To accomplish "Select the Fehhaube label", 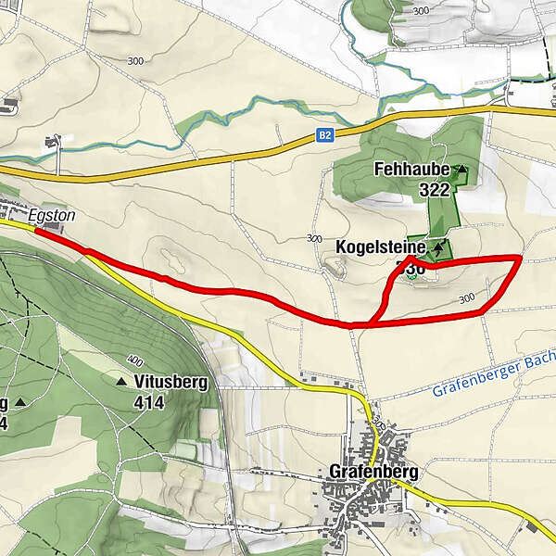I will [411, 171].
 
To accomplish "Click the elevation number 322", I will [434, 190].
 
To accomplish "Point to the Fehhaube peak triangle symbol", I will [461, 171].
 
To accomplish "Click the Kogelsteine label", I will [382, 248].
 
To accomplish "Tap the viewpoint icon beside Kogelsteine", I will [438, 248].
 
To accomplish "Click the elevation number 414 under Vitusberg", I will [148, 402].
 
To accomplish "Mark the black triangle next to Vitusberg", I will [121, 381].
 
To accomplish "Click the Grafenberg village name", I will [373, 472].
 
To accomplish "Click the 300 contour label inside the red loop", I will [466, 298].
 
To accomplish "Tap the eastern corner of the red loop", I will [519, 258].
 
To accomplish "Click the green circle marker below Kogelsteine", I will [416, 270].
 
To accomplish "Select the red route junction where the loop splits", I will [369, 324].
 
